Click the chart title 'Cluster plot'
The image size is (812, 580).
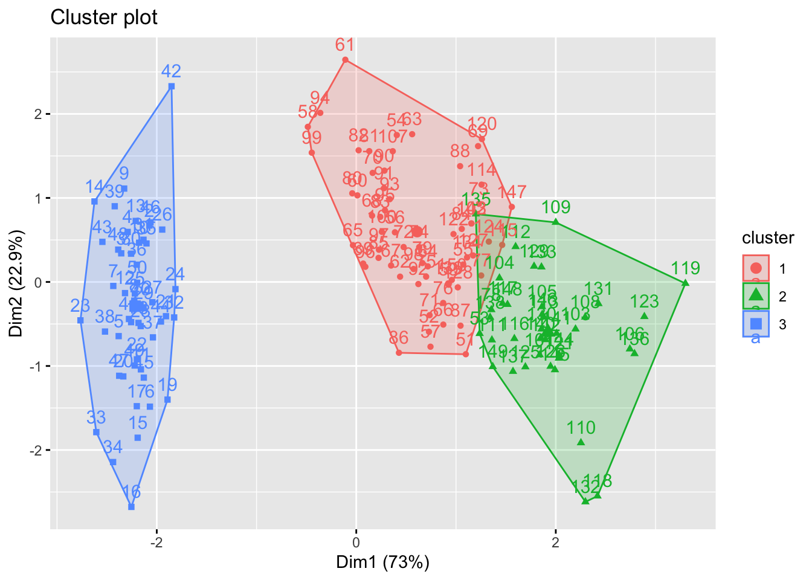[104, 18]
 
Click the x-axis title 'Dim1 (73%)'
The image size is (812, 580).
[383, 562]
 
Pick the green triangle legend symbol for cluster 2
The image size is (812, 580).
[755, 296]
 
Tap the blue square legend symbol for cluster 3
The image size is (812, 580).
[755, 324]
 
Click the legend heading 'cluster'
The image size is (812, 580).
[768, 238]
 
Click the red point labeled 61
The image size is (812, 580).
[346, 60]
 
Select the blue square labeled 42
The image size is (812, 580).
[172, 86]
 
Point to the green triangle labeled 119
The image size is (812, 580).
[685, 283]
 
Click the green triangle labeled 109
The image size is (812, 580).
[556, 222]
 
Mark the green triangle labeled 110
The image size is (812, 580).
[581, 442]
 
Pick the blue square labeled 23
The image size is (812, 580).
[80, 320]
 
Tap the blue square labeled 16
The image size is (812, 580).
[131, 507]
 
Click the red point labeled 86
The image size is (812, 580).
[399, 352]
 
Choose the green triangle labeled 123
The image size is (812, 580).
[645, 316]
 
